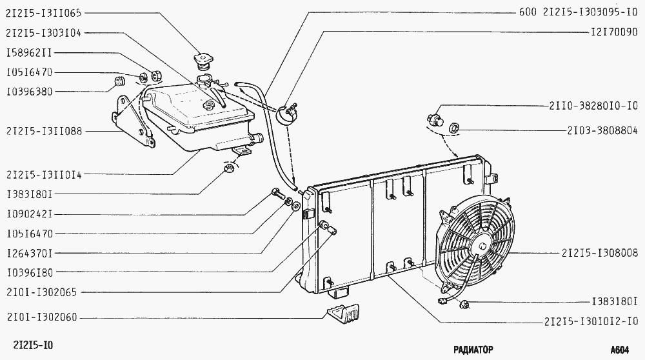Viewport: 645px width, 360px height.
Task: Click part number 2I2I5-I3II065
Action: click(x=44, y=13)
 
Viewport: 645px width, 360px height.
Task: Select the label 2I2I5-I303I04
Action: click(x=44, y=33)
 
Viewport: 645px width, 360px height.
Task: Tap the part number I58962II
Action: click(x=29, y=53)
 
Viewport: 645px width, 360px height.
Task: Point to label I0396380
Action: click(x=29, y=92)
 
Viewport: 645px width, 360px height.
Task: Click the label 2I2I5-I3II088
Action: click(x=45, y=131)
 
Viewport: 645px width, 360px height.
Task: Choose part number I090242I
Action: click(x=29, y=214)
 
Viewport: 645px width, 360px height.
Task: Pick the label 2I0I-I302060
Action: click(x=41, y=317)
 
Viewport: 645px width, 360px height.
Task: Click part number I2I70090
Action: click(x=615, y=32)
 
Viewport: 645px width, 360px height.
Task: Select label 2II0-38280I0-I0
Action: click(x=593, y=106)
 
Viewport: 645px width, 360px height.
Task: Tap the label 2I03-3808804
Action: click(x=602, y=131)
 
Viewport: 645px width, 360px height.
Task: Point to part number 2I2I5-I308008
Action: click(x=600, y=253)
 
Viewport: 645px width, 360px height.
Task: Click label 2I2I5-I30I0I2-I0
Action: click(x=591, y=321)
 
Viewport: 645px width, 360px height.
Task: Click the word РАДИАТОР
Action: click(x=473, y=350)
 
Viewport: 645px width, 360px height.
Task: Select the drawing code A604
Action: click(x=619, y=350)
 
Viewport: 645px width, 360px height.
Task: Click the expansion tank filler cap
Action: click(x=204, y=61)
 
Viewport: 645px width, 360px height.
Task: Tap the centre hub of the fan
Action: click(x=481, y=246)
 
